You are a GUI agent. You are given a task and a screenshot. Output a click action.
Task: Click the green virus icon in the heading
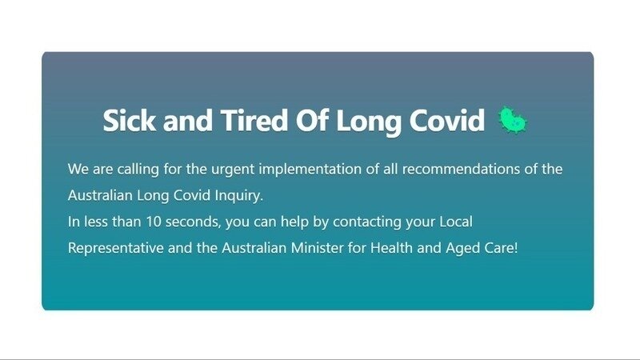tap(514, 121)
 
